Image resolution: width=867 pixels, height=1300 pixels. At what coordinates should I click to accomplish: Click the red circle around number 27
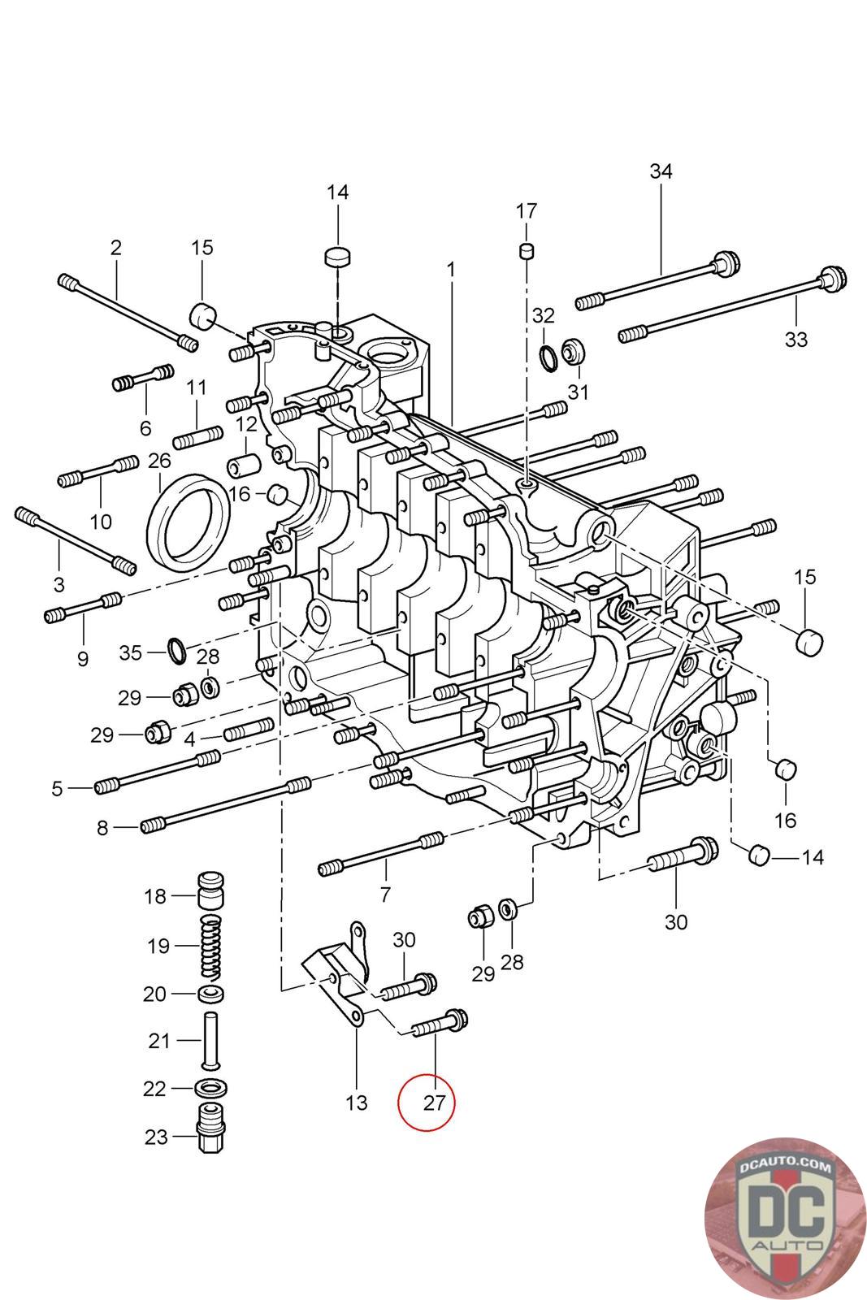427,1103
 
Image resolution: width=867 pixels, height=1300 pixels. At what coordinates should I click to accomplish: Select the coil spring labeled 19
210,947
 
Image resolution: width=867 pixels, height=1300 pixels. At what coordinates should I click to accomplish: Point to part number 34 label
661,171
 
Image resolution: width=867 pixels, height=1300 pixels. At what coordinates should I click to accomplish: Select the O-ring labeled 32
548,356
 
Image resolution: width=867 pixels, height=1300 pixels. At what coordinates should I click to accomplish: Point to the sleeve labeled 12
243,466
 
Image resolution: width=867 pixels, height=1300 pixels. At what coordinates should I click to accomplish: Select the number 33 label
795,339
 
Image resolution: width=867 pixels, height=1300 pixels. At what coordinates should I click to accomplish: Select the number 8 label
102,828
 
